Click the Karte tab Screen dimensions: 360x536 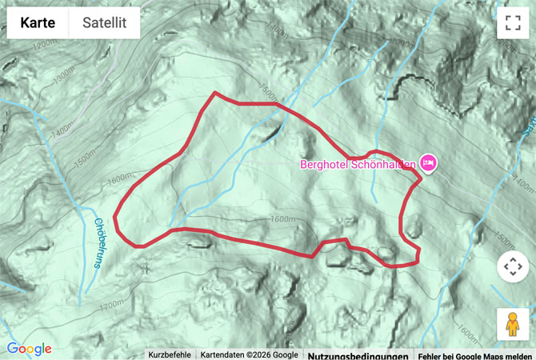[38, 23]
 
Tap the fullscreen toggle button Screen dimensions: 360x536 [512, 23]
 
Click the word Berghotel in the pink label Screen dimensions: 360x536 [325, 165]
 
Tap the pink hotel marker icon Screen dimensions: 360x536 [428, 163]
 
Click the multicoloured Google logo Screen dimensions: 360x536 [29, 349]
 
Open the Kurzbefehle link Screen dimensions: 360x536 [170, 354]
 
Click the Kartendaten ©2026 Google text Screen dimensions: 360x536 [248, 354]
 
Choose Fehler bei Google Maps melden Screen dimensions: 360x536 [474, 354]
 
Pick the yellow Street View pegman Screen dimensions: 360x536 [512, 323]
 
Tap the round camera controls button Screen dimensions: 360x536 [512, 266]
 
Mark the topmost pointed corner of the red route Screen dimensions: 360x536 [214, 93]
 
